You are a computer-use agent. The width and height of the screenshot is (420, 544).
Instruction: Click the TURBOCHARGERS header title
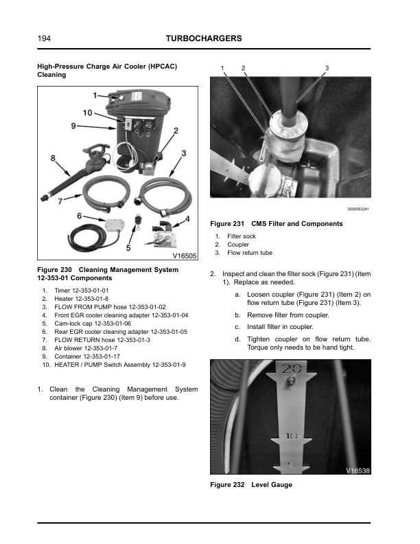pyautogui.click(x=204, y=39)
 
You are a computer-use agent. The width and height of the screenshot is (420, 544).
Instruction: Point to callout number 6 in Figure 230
pyautogui.click(x=80, y=216)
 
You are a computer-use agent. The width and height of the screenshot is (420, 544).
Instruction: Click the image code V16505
pyautogui.click(x=183, y=255)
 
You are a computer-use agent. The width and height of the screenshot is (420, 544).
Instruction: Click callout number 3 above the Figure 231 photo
pyautogui.click(x=327, y=67)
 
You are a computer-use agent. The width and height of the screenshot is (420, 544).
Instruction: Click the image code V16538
pyautogui.click(x=357, y=471)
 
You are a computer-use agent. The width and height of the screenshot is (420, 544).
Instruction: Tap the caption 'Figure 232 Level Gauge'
pyautogui.click(x=250, y=485)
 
